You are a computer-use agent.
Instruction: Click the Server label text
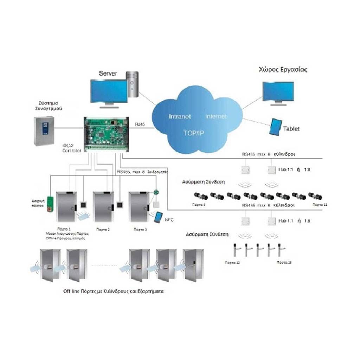108,73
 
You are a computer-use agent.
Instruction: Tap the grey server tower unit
133,84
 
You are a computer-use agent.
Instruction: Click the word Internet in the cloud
216,116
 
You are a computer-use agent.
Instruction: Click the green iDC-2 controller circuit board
106,133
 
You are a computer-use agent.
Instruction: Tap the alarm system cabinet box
44,130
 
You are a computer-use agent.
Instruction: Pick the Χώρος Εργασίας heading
283,69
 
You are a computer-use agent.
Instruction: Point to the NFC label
169,220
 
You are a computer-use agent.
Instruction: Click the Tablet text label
291,129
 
